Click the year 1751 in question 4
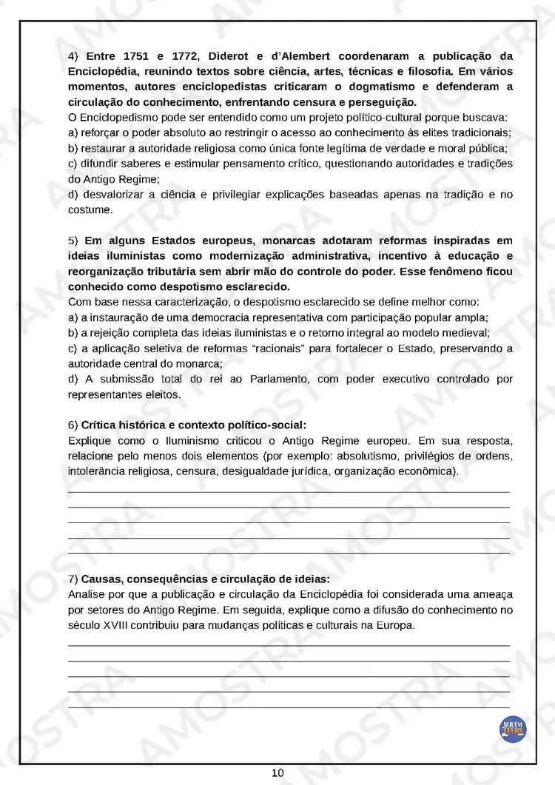click(136, 56)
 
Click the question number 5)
click(73, 240)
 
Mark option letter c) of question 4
click(73, 164)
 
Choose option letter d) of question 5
click(73, 380)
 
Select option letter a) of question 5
click(73, 317)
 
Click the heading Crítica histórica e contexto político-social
click(193, 425)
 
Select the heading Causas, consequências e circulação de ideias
click(206, 579)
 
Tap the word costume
click(90, 209)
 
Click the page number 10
click(277, 773)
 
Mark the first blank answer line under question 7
click(289, 645)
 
